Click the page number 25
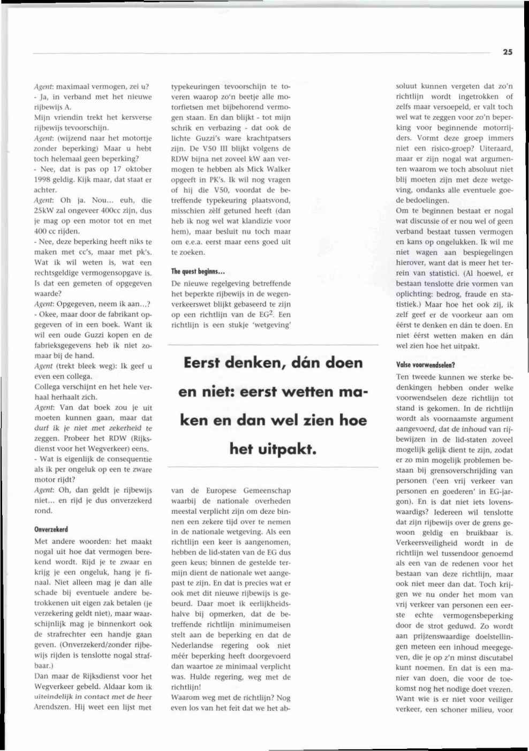pyautogui.click(x=508, y=52)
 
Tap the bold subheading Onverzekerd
pyautogui.click(x=51, y=529)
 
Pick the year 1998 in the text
pyautogui.click(x=43, y=179)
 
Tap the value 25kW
pyautogui.click(x=45, y=210)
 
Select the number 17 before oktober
pyautogui.click(x=117, y=169)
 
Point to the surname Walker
pyautogui.click(x=278, y=169)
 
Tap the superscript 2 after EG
pyautogui.click(x=273, y=313)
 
